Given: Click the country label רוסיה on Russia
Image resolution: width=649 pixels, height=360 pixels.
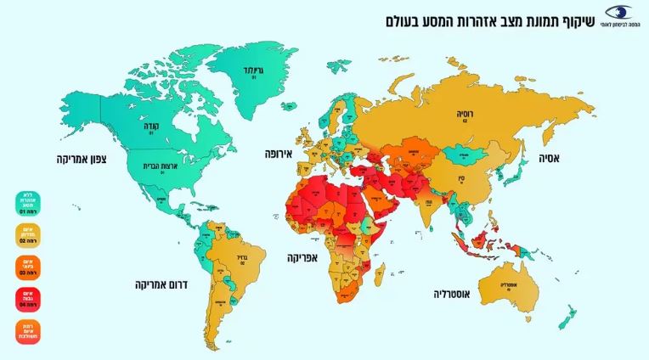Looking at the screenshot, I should (466, 111).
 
